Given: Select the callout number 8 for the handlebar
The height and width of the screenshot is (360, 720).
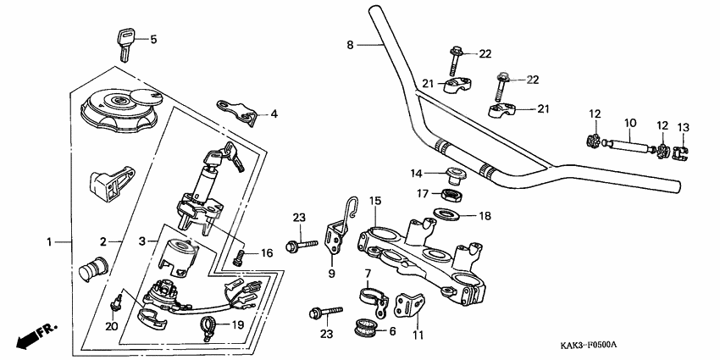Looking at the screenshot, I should [x=351, y=44].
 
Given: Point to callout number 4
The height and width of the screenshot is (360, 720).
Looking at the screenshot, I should [x=274, y=114].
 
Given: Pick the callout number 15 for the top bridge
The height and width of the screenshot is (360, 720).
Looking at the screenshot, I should [x=374, y=201].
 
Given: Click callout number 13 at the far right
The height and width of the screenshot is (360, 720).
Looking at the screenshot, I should [x=684, y=127].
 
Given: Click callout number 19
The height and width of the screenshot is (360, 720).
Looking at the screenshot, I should [x=236, y=324].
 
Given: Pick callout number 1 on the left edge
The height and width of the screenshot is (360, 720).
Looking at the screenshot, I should [x=48, y=241].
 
